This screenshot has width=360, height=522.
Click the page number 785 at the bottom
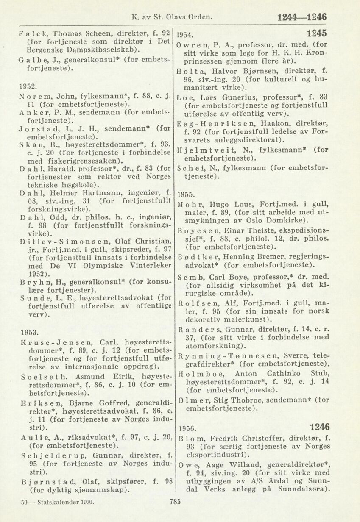175,502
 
